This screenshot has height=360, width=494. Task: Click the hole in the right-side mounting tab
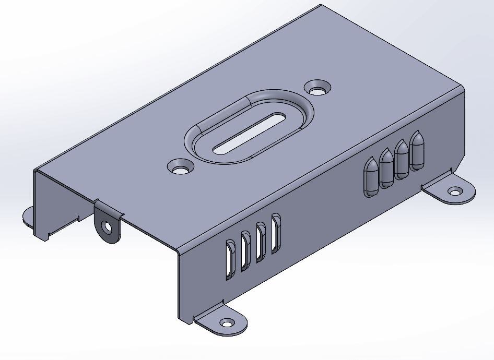coord(455,191)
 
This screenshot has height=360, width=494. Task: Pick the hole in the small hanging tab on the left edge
coord(108,227)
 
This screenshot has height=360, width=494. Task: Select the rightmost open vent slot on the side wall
coord(276,232)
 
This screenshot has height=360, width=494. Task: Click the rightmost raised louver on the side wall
coord(417,151)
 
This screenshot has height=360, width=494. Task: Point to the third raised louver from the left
coord(402,159)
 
